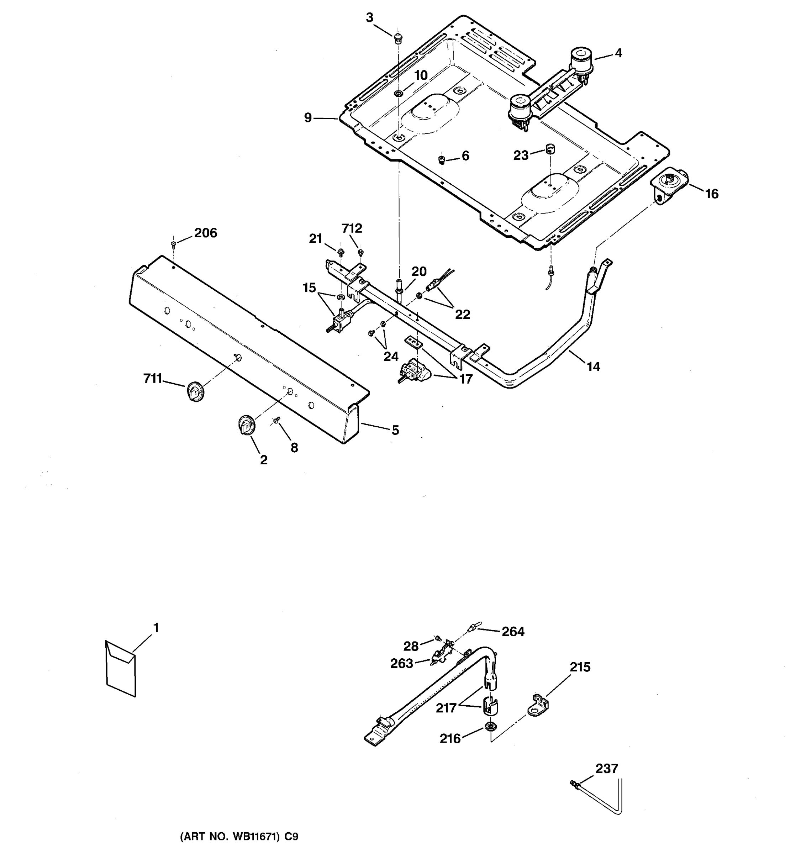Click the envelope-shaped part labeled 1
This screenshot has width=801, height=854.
pyautogui.click(x=121, y=668)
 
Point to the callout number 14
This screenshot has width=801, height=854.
pyautogui.click(x=593, y=367)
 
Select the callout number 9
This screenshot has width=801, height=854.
pyautogui.click(x=307, y=117)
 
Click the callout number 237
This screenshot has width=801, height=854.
pyautogui.click(x=606, y=768)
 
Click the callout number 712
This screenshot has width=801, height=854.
pyautogui.click(x=352, y=228)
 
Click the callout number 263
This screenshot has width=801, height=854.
pyautogui.click(x=402, y=663)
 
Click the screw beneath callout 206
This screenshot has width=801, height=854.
pyautogui.click(x=174, y=244)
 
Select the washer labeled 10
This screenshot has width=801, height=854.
pyautogui.click(x=399, y=93)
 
